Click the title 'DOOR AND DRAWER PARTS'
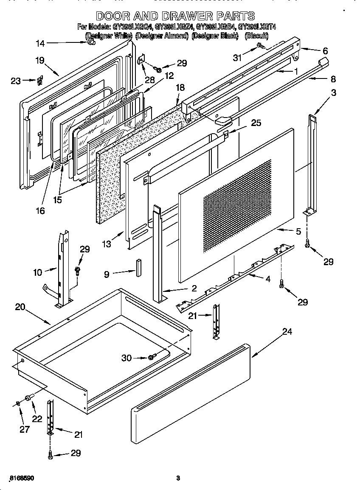(x=175, y=16)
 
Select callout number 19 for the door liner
(x=40, y=61)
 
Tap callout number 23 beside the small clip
(x=16, y=80)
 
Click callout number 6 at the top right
(x=325, y=50)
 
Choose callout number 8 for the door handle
(x=333, y=78)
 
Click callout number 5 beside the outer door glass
(x=298, y=231)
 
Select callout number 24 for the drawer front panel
(x=287, y=332)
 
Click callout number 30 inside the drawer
(x=127, y=358)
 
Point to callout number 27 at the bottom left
(x=25, y=429)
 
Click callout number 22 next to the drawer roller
(x=37, y=418)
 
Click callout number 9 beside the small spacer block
(x=107, y=274)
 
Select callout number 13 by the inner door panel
(x=106, y=244)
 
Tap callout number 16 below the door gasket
(x=40, y=210)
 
